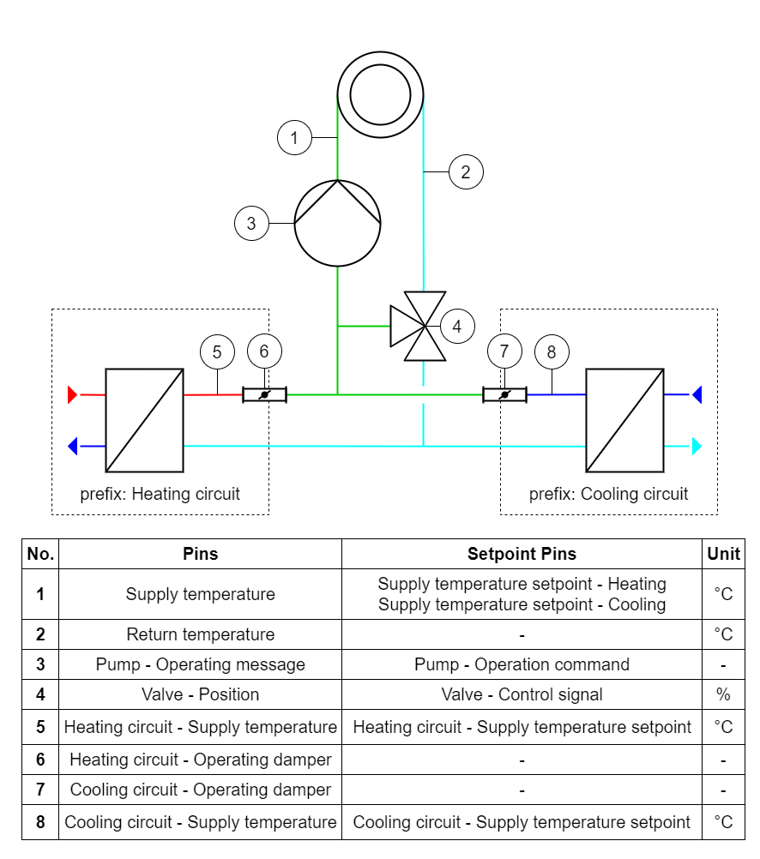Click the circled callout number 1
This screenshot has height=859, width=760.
click(x=294, y=137)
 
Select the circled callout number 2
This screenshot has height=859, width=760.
click(x=466, y=171)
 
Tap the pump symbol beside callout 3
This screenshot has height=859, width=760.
click(x=337, y=224)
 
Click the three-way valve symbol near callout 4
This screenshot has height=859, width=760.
click(x=420, y=326)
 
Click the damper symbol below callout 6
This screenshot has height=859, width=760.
click(x=264, y=394)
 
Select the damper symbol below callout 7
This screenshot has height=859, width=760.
click(x=504, y=394)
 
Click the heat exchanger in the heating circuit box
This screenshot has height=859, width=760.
click(x=144, y=420)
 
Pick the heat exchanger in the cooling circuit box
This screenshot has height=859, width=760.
click(x=624, y=420)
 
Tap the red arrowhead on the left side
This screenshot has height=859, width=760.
click(x=72, y=394)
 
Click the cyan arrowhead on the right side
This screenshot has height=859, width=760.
click(x=697, y=446)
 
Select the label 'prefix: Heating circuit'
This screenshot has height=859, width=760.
click(x=160, y=494)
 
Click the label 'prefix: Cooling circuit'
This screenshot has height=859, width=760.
click(x=608, y=494)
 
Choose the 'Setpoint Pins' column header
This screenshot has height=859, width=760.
click(x=522, y=554)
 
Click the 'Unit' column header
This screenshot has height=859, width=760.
click(x=723, y=554)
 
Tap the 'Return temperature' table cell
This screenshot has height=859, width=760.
click(x=200, y=634)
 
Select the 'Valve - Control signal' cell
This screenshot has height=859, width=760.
click(x=522, y=694)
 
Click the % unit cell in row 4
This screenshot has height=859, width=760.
click(x=723, y=694)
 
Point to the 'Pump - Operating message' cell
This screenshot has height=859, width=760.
click(x=200, y=664)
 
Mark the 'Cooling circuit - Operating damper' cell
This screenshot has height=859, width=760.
click(x=200, y=790)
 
